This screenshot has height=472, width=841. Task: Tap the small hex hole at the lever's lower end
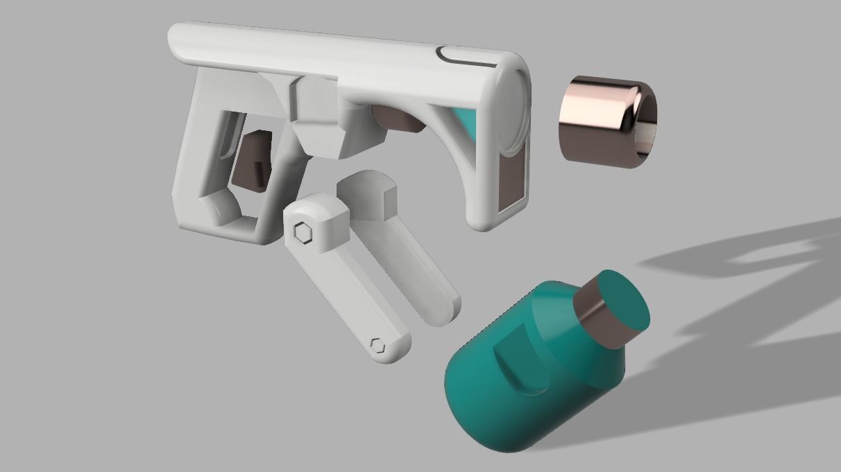point(377,344)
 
